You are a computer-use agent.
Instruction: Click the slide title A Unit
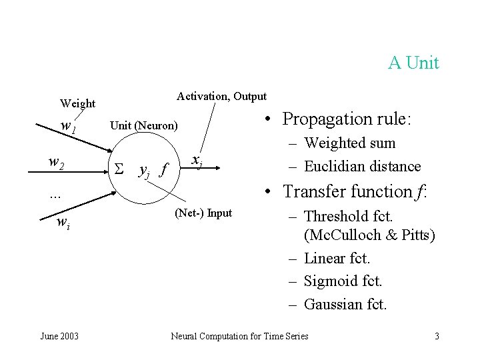(x=413, y=63)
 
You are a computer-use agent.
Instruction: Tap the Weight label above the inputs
(x=78, y=103)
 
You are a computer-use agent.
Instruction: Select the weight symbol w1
(x=67, y=125)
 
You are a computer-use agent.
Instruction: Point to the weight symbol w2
(x=57, y=161)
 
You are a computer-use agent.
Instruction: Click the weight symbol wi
(x=62, y=224)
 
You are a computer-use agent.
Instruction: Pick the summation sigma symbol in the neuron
(x=121, y=170)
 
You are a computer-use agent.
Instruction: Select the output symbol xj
(x=197, y=160)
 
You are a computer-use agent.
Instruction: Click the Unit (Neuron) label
(x=143, y=125)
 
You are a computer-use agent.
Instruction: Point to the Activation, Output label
(x=221, y=97)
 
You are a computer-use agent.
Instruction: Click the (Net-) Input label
(x=203, y=213)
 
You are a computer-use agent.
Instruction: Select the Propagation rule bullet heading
(x=347, y=119)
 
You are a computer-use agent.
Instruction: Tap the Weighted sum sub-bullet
(x=349, y=143)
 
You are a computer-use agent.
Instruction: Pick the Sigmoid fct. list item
(x=343, y=281)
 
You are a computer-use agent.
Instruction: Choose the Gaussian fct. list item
(x=345, y=305)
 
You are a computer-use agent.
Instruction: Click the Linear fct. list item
(x=337, y=258)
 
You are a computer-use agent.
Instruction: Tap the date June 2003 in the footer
(x=59, y=336)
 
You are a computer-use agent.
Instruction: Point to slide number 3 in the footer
(x=437, y=336)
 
